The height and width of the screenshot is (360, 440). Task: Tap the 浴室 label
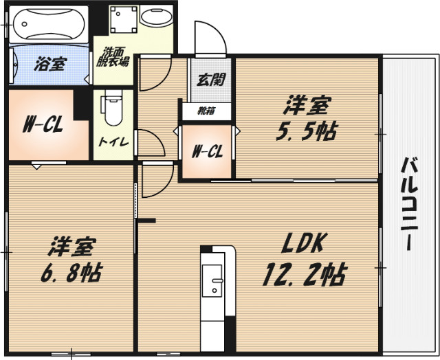pyautogui.click(x=50, y=64)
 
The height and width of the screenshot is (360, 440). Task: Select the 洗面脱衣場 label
pyautogui.click(x=112, y=56)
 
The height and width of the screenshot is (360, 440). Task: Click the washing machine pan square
pyautogui.click(x=124, y=19)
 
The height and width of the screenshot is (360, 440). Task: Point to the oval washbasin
pyautogui.click(x=157, y=16)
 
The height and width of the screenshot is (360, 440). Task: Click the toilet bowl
pyautogui.click(x=113, y=109)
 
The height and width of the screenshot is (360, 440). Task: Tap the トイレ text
pyautogui.click(x=113, y=142)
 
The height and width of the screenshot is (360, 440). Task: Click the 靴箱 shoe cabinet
pyautogui.click(x=206, y=111)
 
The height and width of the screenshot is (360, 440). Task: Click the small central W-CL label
pyautogui.click(x=208, y=152)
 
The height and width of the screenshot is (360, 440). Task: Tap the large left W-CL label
pyautogui.click(x=43, y=124)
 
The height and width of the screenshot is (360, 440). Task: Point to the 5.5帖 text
pyautogui.click(x=307, y=131)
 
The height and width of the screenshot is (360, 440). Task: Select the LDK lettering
pyautogui.click(x=305, y=243)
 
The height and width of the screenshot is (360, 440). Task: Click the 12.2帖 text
pyautogui.click(x=305, y=275)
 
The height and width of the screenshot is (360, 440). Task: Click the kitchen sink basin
pyautogui.click(x=213, y=280)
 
